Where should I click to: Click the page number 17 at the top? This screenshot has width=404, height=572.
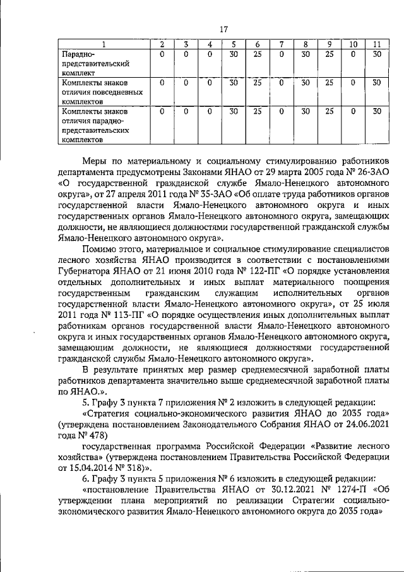[x=223, y=28]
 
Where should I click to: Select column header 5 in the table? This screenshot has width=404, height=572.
[x=234, y=44]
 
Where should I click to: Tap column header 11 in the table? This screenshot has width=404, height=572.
[x=376, y=44]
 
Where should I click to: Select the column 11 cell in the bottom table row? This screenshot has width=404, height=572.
[x=376, y=111]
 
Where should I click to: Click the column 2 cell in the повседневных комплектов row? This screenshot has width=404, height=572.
[x=162, y=83]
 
